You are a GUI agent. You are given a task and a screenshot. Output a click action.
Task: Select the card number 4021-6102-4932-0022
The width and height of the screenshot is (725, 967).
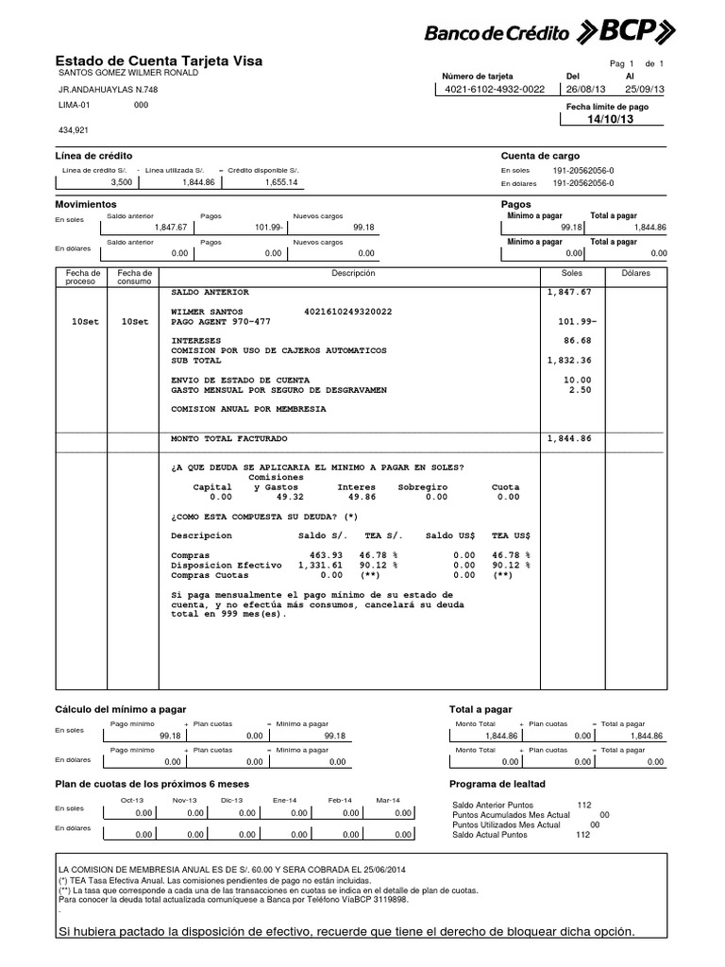click(495, 90)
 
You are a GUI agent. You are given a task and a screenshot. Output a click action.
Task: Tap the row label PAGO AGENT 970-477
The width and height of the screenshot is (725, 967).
click(220, 322)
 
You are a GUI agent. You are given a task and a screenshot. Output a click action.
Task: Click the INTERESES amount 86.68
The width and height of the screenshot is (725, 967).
click(576, 339)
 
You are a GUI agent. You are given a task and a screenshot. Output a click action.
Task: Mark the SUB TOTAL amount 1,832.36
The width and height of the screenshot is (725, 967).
click(568, 361)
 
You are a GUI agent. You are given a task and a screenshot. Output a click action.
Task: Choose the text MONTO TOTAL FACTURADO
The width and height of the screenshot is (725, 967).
click(228, 439)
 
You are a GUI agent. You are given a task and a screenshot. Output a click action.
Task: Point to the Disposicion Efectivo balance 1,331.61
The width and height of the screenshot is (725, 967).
click(316, 565)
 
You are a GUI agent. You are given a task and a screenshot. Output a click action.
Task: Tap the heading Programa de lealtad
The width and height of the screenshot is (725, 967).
click(498, 785)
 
